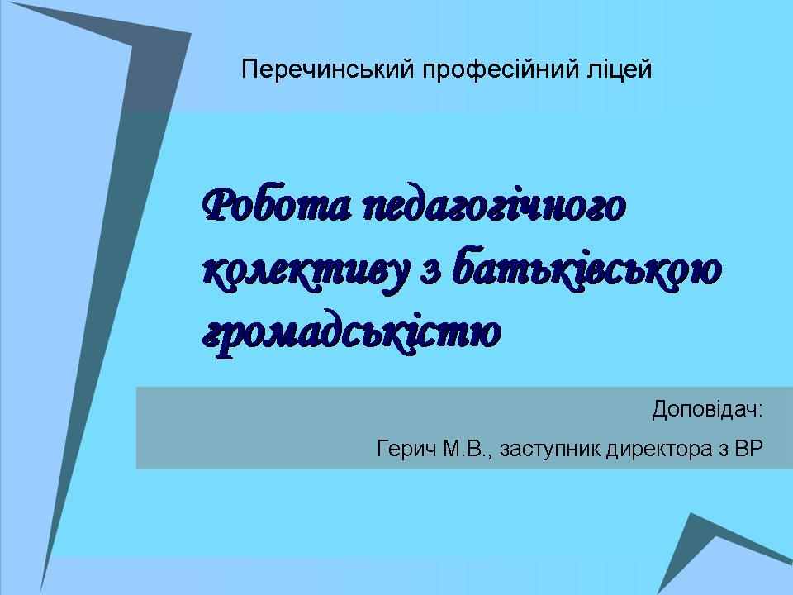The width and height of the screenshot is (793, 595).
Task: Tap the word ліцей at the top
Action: point(620,69)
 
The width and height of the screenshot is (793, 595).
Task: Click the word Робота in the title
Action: point(276,206)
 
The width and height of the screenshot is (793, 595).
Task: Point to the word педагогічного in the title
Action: point(495,207)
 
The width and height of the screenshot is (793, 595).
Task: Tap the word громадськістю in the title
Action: point(352,333)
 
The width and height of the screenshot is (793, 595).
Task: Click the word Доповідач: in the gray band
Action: point(706,409)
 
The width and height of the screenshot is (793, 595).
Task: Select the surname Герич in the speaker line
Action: point(406,449)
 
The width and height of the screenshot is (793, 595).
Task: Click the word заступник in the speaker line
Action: point(550,450)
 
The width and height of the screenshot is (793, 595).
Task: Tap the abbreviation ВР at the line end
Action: point(748,448)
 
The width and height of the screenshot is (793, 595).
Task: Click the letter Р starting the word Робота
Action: point(218,206)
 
